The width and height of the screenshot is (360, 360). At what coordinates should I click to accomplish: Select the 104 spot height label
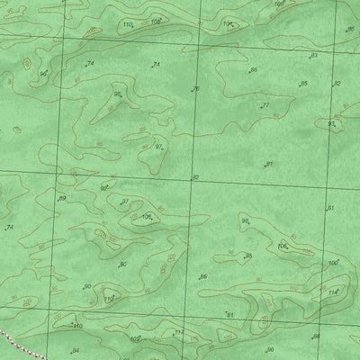(227, 23)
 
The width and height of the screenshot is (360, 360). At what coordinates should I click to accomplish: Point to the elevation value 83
(313, 56)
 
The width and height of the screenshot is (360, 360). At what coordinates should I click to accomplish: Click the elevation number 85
(303, 84)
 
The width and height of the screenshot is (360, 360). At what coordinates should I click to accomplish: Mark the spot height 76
(195, 89)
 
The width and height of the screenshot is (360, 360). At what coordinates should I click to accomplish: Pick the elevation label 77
(265, 106)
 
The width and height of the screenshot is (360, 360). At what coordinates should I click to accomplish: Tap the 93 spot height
(331, 124)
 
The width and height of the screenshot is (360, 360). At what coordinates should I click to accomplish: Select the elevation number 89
(62, 198)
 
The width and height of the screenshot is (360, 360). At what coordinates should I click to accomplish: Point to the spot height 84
(76, 350)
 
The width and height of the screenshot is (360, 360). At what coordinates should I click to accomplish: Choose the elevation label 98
(244, 220)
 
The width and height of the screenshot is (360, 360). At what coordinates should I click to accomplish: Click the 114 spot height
(331, 292)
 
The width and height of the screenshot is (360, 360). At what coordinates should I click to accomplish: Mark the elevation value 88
(316, 336)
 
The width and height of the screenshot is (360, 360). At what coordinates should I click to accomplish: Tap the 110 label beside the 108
(126, 23)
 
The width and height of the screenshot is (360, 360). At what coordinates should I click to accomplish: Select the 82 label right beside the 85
(337, 84)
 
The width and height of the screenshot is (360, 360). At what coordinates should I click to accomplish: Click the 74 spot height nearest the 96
(89, 64)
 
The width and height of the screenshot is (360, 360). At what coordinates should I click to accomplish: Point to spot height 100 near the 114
(332, 263)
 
